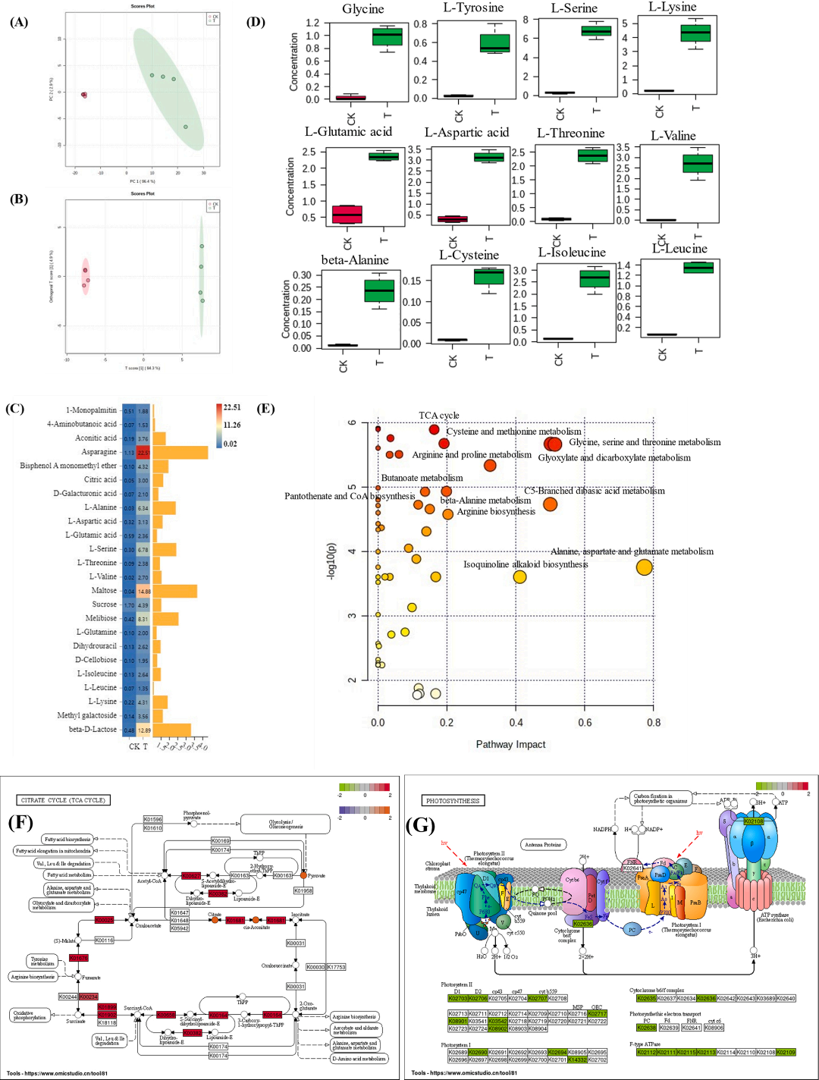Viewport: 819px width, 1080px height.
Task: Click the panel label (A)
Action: [x=19, y=22]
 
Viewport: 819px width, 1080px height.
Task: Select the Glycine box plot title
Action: [x=362, y=9]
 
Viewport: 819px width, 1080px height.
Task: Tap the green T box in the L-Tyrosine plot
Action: [x=495, y=43]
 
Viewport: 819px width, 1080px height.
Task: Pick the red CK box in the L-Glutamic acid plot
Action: [x=347, y=214]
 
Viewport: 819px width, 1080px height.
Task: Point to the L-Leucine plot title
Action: [x=679, y=249]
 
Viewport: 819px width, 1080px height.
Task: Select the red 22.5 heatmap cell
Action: [x=143, y=453]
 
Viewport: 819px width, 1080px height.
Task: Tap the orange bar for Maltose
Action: [x=174, y=591]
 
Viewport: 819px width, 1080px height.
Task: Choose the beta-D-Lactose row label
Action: [x=93, y=730]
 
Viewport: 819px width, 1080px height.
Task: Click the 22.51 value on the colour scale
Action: [x=231, y=407]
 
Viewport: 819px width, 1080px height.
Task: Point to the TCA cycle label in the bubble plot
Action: [x=438, y=416]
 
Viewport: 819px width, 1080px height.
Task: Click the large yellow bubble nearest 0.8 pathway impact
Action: [x=644, y=567]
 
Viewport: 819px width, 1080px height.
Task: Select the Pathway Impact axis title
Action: [x=510, y=744]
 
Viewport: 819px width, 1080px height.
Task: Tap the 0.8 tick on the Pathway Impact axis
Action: [x=653, y=723]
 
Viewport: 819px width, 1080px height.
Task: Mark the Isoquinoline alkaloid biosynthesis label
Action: [x=526, y=564]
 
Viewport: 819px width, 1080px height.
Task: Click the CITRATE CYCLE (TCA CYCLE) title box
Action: [x=63, y=800]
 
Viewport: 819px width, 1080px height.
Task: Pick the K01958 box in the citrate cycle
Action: [x=303, y=890]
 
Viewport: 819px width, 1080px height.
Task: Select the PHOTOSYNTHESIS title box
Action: [x=453, y=801]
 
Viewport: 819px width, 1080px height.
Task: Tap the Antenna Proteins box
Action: [x=543, y=844]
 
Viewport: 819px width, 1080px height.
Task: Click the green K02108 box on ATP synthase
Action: [x=754, y=821]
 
